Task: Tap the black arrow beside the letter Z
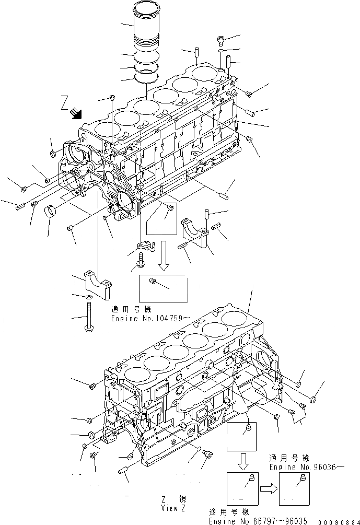[77, 112]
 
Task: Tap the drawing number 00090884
[338, 521]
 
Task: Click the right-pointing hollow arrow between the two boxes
[268, 487]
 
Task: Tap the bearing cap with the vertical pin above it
[195, 230]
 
